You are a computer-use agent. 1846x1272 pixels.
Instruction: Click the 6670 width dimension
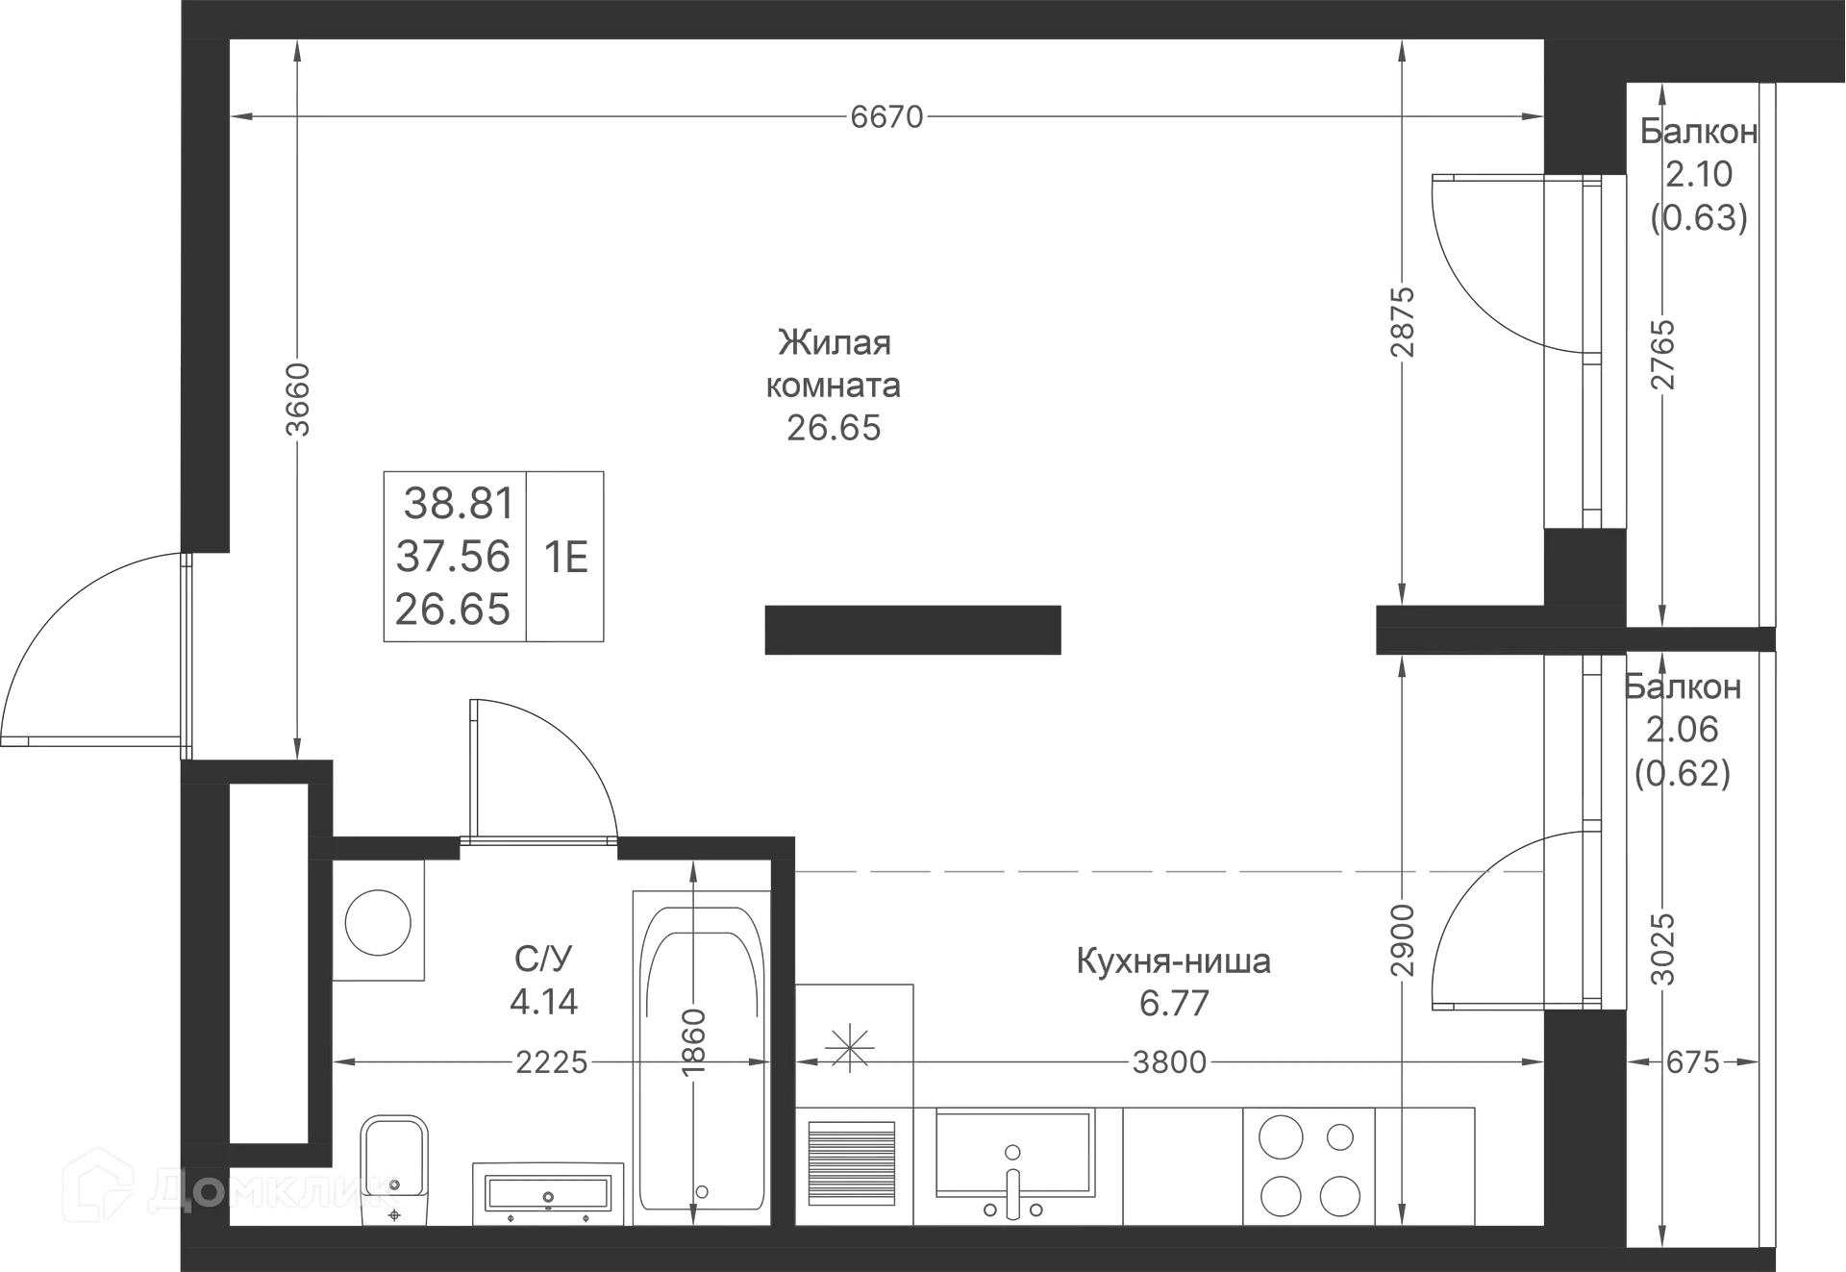[x=886, y=117]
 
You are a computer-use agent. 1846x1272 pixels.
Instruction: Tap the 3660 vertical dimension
[x=299, y=399]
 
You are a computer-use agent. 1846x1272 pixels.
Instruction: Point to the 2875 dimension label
[x=1404, y=322]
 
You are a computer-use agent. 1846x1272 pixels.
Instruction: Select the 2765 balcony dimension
[x=1663, y=354]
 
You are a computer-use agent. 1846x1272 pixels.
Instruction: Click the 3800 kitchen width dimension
[x=1169, y=1062]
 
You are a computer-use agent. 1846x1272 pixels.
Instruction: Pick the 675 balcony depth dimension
[x=1692, y=1062]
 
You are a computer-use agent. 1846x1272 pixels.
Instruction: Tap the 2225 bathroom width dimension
[x=552, y=1062]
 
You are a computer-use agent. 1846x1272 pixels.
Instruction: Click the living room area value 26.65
[x=834, y=428]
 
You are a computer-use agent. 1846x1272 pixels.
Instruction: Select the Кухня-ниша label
[x=1173, y=960]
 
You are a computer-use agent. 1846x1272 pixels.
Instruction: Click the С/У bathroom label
[x=543, y=959]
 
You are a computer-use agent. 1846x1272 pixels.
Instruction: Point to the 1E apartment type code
[x=566, y=557]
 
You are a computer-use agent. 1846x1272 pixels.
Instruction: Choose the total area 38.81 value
[x=459, y=503]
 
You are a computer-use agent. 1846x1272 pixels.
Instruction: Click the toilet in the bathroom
[x=394, y=1171]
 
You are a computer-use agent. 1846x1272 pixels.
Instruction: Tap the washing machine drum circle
[x=378, y=923]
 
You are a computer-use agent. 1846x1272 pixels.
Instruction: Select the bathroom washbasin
[x=548, y=1194]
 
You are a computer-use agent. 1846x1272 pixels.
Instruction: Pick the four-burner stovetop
[x=1309, y=1166]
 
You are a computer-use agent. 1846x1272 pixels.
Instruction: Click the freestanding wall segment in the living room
[x=912, y=630]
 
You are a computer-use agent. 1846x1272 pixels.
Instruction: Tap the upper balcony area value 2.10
[x=1699, y=174]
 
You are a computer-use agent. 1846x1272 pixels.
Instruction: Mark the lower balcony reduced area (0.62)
[x=1683, y=773]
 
